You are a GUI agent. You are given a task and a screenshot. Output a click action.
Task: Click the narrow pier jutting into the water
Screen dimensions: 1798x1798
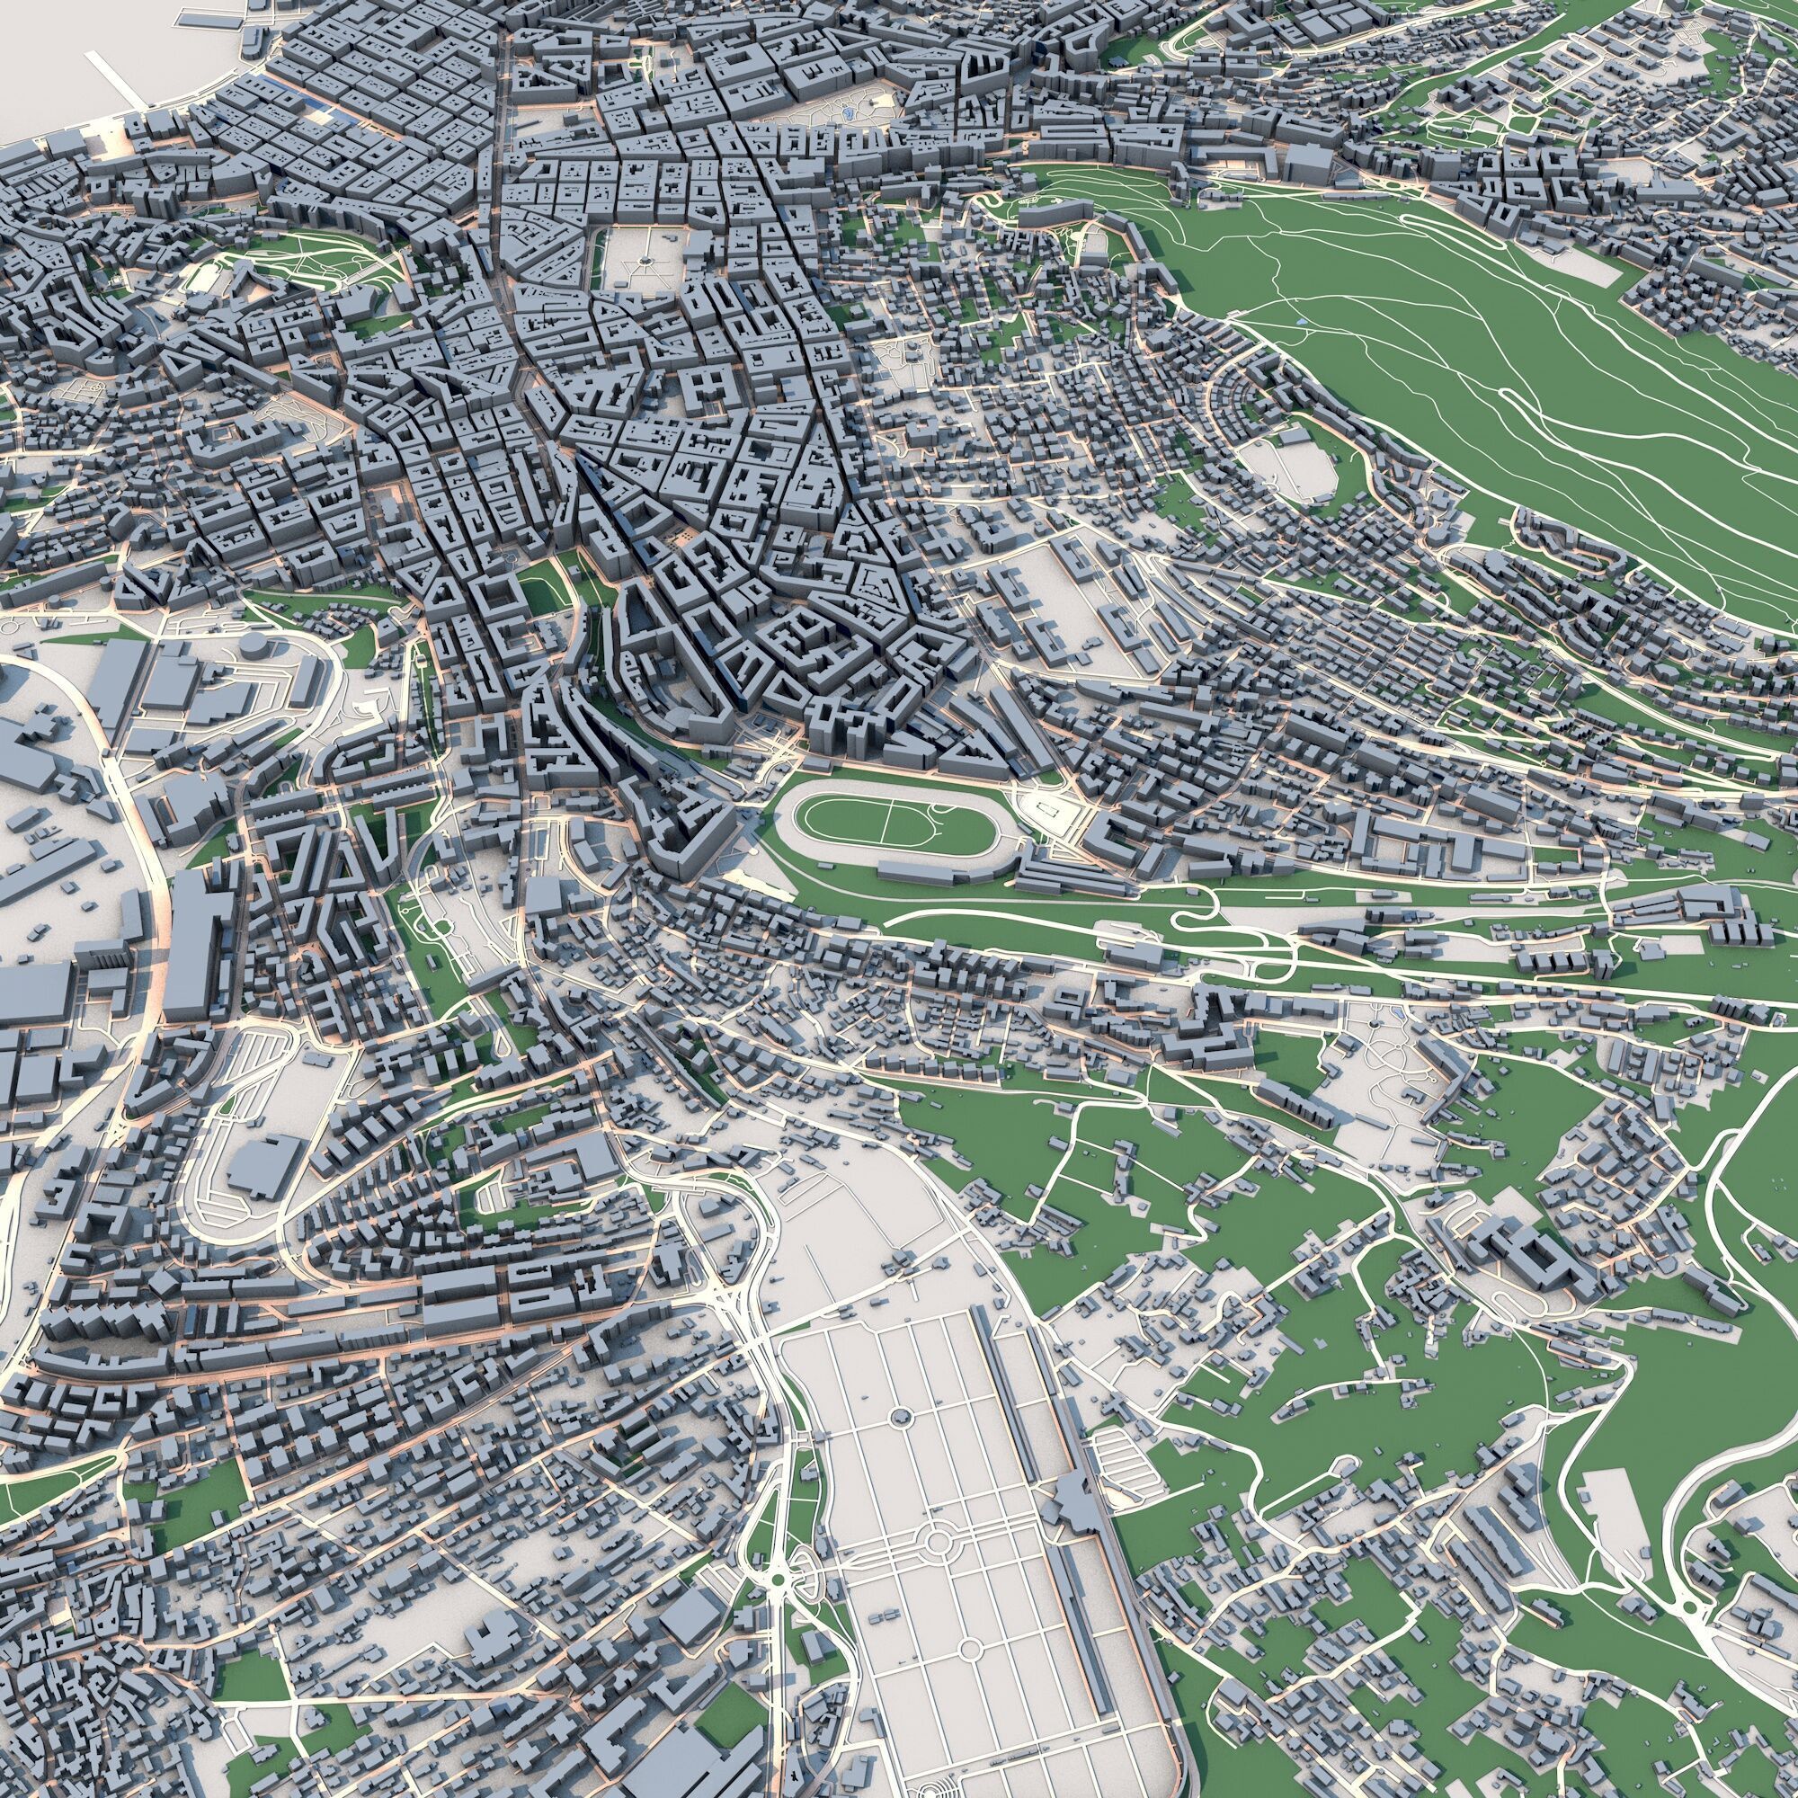[115, 78]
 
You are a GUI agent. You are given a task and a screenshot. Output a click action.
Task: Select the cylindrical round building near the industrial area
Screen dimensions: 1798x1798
[253, 644]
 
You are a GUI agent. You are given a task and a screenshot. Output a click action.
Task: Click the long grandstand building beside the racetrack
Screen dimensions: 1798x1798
[940, 871]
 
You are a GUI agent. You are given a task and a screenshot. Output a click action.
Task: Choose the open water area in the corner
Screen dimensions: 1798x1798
[56, 56]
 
